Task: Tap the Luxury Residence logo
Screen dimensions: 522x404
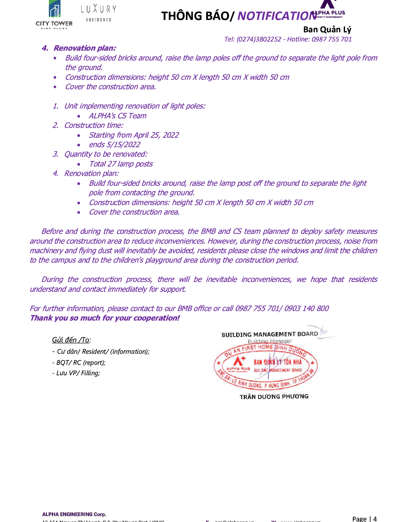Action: (99, 13)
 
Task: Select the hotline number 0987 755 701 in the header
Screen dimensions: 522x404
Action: (331, 39)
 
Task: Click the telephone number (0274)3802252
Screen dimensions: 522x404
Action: (259, 39)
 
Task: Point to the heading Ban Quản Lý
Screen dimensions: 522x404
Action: (327, 29)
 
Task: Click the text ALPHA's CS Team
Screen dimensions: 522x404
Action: (118, 116)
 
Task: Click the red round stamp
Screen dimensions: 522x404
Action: (266, 366)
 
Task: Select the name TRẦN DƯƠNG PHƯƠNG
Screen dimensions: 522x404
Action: (274, 396)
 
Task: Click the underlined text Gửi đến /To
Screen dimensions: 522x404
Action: (71, 340)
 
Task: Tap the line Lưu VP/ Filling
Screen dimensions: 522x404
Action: (76, 373)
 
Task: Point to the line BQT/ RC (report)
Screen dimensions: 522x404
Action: (79, 363)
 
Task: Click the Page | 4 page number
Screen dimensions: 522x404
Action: (364, 519)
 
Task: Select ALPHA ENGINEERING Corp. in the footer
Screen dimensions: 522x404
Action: (74, 514)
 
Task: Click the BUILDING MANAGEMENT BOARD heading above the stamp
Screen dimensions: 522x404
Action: (270, 334)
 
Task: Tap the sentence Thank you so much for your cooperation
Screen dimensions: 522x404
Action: (105, 318)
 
